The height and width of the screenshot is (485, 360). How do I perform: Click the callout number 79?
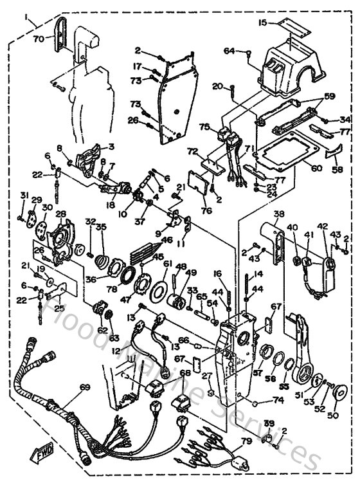246,441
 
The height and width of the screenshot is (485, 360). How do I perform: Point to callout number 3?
111,147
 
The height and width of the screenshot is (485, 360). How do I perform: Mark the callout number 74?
277,399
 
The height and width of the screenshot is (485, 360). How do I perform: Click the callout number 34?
345,119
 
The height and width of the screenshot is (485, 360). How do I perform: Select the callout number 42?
322,226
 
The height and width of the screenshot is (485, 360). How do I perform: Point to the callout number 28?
61,214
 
